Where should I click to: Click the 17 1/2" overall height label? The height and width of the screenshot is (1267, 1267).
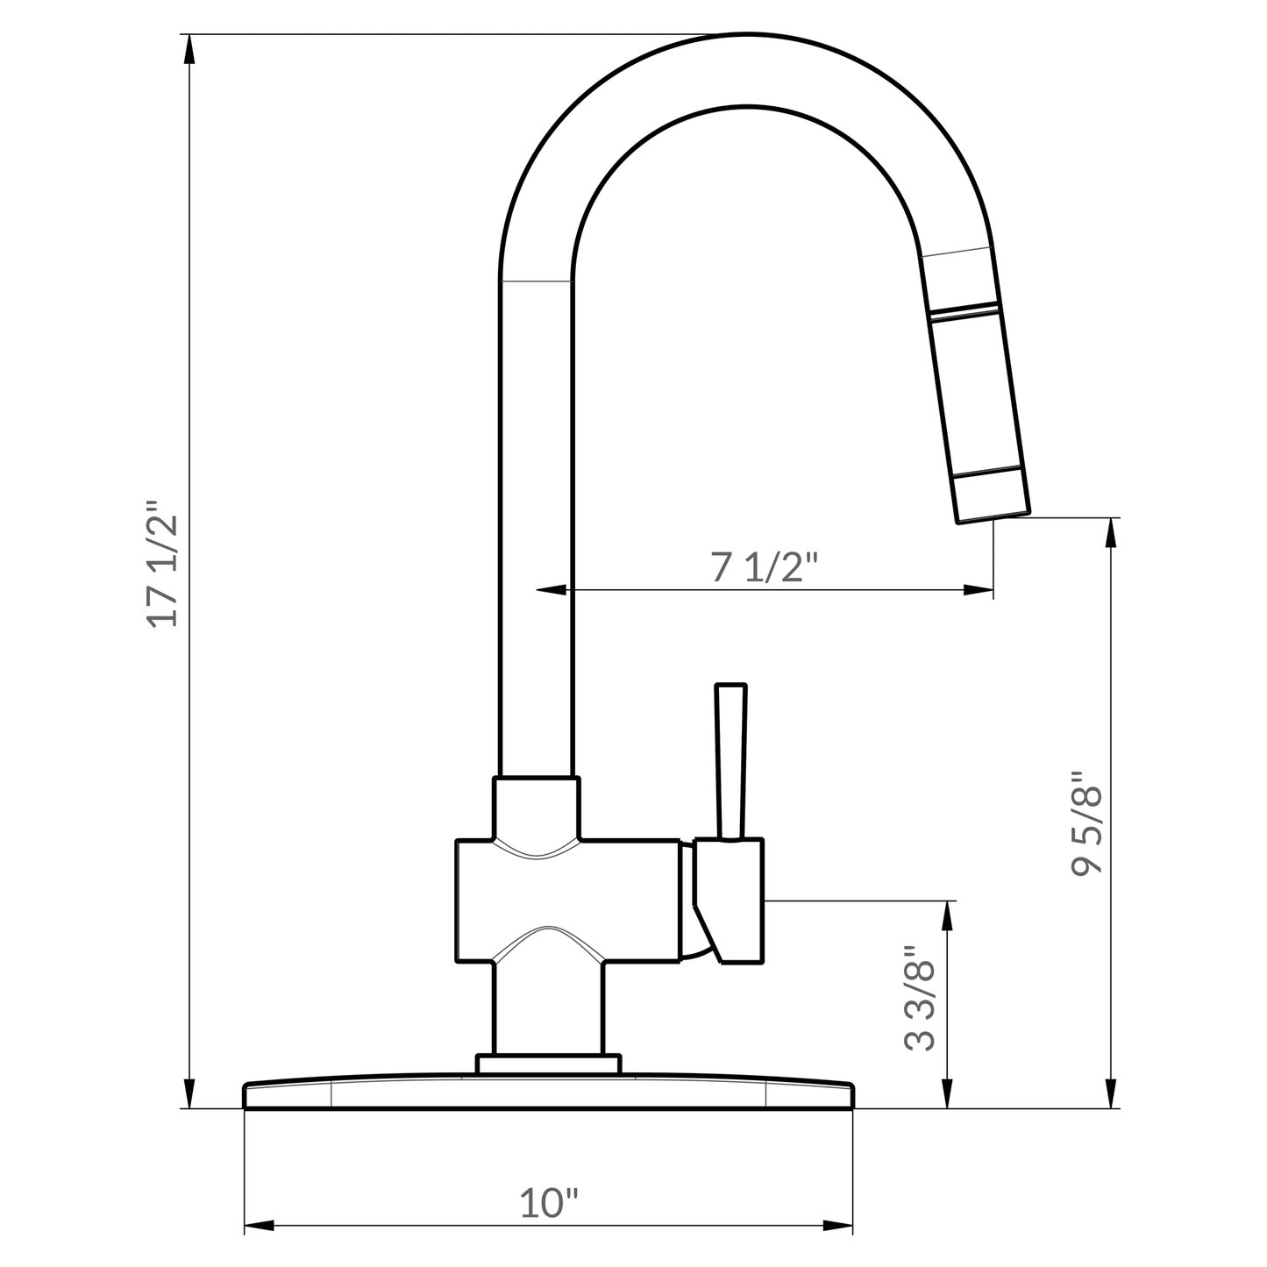(x=164, y=564)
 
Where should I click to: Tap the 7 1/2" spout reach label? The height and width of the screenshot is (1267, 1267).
(x=764, y=568)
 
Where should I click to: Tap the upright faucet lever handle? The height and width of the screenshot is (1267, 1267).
(x=730, y=761)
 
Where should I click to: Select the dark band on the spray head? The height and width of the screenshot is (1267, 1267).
(x=964, y=310)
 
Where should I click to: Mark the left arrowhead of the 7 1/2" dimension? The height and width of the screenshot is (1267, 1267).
(x=551, y=590)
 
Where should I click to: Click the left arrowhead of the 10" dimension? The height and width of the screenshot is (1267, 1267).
(x=259, y=1225)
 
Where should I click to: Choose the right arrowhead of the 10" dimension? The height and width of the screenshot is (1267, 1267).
(x=838, y=1225)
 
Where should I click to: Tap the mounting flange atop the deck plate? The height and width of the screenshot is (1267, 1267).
(x=548, y=1064)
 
